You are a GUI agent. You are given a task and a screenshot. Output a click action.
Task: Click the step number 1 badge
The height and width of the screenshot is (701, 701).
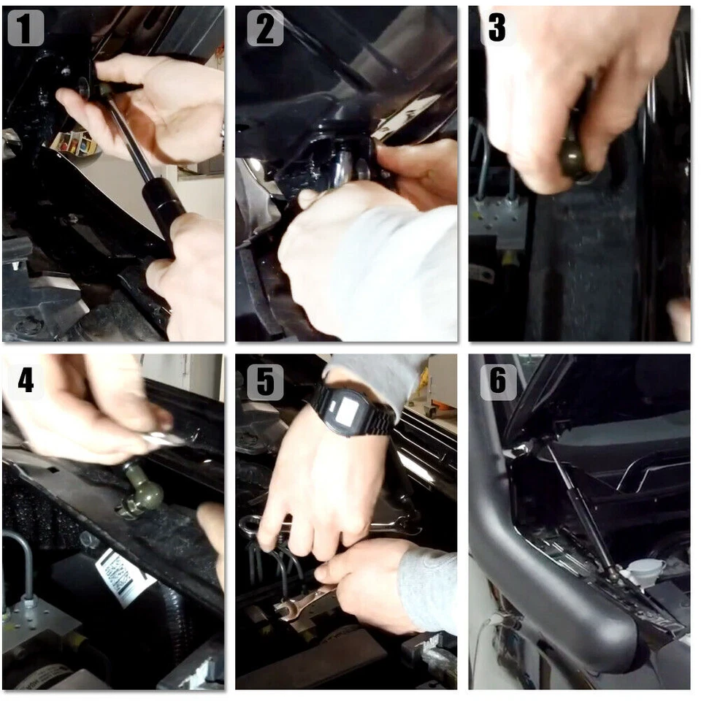[26, 28]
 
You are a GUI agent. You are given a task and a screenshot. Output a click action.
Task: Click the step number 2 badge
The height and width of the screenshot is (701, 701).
[265, 28]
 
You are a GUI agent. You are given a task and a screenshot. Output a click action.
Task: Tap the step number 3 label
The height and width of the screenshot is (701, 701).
[497, 28]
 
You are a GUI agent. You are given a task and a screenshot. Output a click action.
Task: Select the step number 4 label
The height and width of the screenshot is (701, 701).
[26, 381]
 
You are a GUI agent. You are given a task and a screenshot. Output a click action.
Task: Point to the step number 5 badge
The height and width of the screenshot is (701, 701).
[265, 382]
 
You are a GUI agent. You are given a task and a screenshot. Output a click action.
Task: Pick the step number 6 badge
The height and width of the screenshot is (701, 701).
[498, 382]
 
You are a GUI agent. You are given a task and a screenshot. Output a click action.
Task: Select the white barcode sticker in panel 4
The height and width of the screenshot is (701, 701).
[124, 577]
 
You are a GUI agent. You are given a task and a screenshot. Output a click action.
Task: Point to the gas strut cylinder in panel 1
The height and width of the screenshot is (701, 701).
[163, 206]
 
